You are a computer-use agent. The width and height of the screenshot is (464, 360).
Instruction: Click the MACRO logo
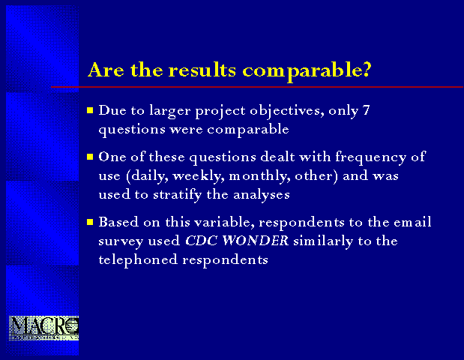pyautogui.click(x=43, y=328)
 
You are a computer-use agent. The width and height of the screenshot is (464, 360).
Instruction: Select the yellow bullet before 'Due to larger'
pyautogui.click(x=90, y=110)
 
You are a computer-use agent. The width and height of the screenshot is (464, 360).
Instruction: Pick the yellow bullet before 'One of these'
pyautogui.click(x=90, y=157)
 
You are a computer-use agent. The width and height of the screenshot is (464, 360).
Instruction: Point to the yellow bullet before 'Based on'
pyautogui.click(x=90, y=222)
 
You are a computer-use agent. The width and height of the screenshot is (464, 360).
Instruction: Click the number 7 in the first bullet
pyautogui.click(x=366, y=110)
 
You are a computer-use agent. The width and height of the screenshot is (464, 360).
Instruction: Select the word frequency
pyautogui.click(x=370, y=157)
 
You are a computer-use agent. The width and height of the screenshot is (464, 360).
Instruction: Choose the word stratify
pyautogui.click(x=177, y=196)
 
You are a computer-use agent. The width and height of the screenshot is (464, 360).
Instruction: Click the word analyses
pyautogui.click(x=262, y=196)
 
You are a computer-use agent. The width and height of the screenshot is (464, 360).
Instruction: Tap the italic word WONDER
pyautogui.click(x=256, y=241)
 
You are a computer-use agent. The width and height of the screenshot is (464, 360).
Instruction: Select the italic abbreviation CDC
pyautogui.click(x=202, y=241)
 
